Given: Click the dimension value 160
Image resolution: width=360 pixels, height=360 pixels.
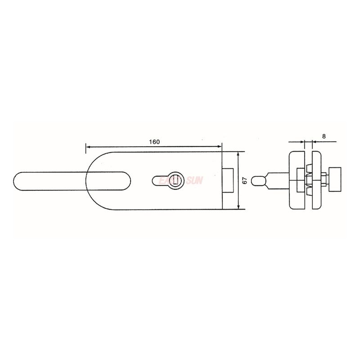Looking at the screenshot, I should [154, 142].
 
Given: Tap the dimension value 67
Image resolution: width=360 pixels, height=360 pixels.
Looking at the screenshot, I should [244, 180].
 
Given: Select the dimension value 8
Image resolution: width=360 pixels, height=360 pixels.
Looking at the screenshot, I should [324, 135].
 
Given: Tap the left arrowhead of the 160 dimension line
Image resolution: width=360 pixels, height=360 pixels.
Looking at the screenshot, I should [88, 147].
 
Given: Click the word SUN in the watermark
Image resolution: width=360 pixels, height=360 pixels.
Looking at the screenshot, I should [194, 180].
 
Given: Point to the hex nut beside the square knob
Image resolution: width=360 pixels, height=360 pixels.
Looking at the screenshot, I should [325, 180].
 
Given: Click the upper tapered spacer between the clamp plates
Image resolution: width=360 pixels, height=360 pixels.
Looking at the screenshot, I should [309, 169].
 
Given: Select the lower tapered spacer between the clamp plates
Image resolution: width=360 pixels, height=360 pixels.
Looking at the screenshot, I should [309, 192].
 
